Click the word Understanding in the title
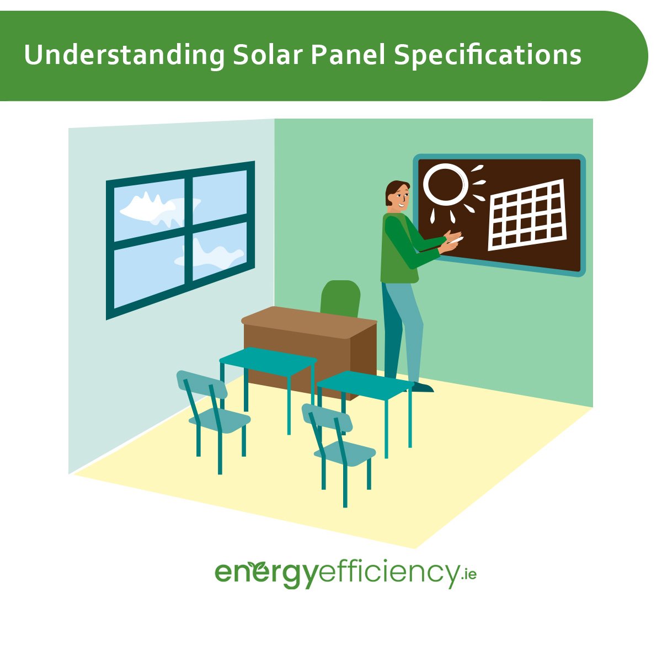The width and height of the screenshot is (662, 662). pyautogui.click(x=124, y=56)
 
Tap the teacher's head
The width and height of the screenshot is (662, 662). pyautogui.click(x=398, y=196)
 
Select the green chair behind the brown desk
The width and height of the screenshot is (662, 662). pyautogui.click(x=340, y=298)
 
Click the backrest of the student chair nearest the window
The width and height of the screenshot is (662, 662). pyautogui.click(x=202, y=384)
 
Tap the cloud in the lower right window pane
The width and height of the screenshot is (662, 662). pyautogui.click(x=212, y=257)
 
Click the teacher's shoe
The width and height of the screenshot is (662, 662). pyautogui.click(x=422, y=387)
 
